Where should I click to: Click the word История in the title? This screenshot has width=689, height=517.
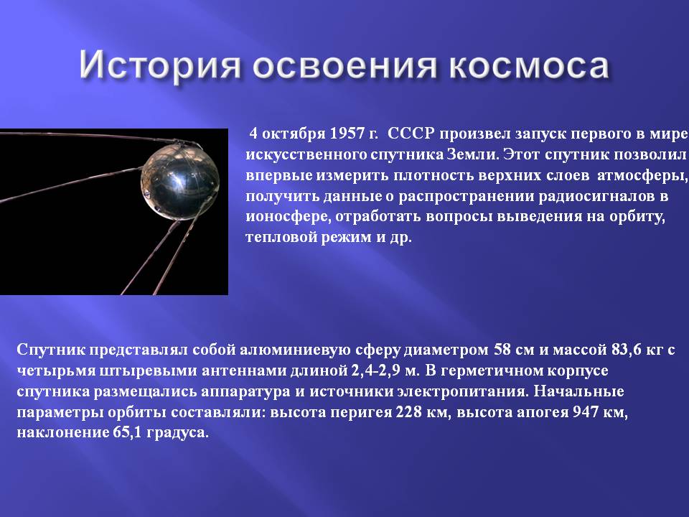(x=160, y=65)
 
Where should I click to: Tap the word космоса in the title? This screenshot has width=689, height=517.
(x=529, y=66)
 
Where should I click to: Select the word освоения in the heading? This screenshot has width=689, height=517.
(x=345, y=66)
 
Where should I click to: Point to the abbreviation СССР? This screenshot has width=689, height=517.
(x=411, y=134)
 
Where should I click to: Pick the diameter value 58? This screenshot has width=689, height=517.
(x=502, y=350)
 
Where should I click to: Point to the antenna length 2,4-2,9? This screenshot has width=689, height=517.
(x=375, y=371)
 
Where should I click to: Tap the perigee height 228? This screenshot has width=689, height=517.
(x=408, y=412)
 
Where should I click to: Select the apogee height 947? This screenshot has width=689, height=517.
(x=586, y=412)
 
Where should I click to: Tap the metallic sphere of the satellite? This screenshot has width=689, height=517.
(x=180, y=182)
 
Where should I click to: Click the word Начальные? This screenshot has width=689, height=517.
(x=579, y=391)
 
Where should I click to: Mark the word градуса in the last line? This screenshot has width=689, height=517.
(x=177, y=433)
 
